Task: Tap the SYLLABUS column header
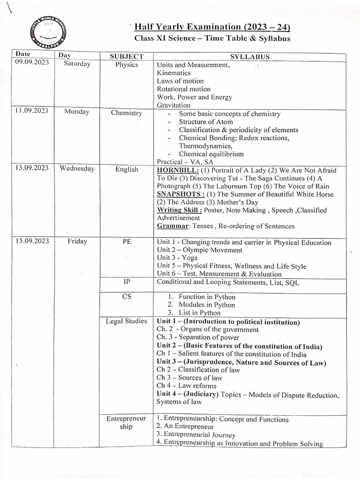coord(250,57)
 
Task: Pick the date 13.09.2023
coord(31,169)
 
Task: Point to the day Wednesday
coord(77,169)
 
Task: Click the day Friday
coord(77,241)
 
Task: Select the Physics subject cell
coord(127,65)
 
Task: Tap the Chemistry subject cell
coord(127,113)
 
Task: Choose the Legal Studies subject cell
coord(127,321)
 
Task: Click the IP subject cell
coord(127,282)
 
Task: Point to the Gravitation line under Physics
coord(173,105)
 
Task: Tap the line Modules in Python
coord(207,305)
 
